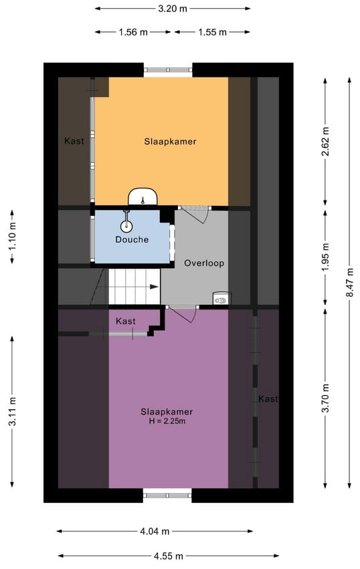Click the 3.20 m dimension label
click(173, 9)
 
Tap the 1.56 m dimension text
click(133, 32)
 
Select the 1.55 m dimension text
click(213, 32)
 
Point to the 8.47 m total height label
click(349, 282)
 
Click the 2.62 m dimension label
click(325, 141)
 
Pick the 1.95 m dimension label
click(325, 257)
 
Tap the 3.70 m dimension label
click(325, 398)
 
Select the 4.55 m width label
click(169, 556)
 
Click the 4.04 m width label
click(155, 532)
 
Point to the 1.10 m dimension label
click(12, 236)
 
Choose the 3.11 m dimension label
click(12, 411)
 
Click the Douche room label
click(132, 239)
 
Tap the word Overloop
click(204, 263)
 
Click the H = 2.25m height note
click(167, 421)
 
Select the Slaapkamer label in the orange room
click(170, 142)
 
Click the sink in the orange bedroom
click(143, 197)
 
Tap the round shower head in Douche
click(126, 227)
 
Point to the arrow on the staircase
click(154, 287)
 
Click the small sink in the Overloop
click(221, 299)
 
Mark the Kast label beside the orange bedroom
click(74, 141)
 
